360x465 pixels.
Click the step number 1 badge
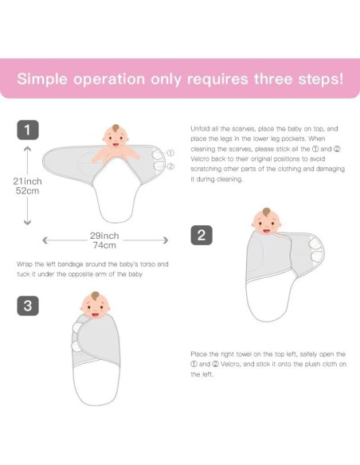coord(28,130)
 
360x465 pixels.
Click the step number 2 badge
coord(202,234)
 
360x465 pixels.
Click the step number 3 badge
coord(28,305)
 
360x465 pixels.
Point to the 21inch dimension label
coord(28,182)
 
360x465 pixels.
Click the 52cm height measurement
coord(28,192)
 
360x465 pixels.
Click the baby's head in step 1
coord(116,136)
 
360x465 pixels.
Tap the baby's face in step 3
coord(95,306)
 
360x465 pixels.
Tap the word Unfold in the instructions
coord(200,128)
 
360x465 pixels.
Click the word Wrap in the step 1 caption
coord(25,264)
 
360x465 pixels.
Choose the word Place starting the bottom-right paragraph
coord(200,354)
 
